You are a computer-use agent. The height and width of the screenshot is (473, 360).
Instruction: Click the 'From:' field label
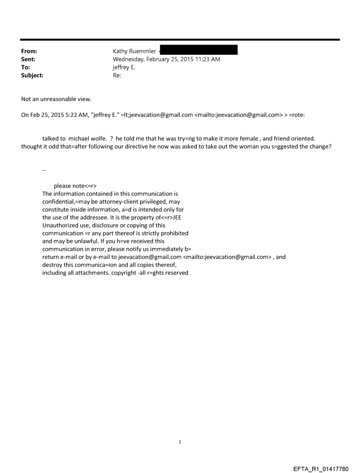(x=29, y=51)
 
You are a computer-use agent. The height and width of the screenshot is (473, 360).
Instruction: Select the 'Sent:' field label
(x=28, y=59)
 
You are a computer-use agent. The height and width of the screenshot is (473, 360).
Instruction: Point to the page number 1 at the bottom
(x=180, y=442)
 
